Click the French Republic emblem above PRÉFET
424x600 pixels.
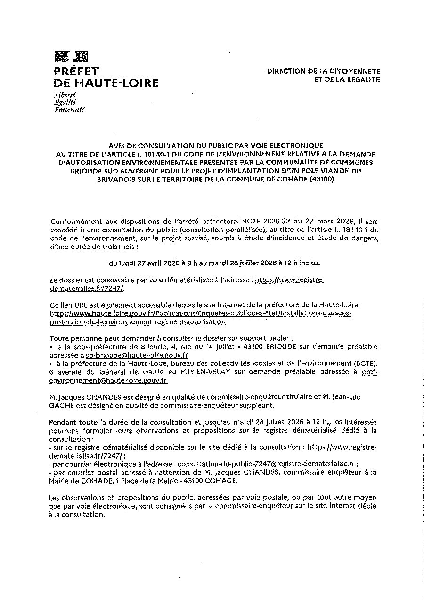tap(71, 58)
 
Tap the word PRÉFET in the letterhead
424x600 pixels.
tap(76, 72)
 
